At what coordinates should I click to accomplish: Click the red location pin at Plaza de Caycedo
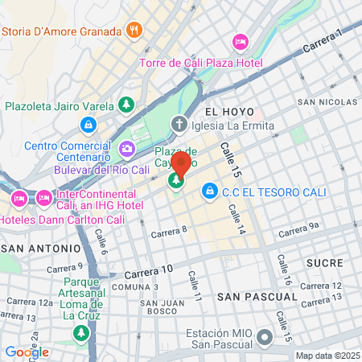[x=180, y=164]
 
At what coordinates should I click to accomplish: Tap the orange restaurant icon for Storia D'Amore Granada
[x=135, y=31]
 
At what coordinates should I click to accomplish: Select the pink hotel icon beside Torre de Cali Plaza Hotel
[x=240, y=41]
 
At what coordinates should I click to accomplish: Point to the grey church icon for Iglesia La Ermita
[x=179, y=125]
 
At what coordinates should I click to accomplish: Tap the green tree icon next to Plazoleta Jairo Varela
[x=125, y=105]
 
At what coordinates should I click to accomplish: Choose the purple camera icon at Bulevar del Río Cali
[x=126, y=149]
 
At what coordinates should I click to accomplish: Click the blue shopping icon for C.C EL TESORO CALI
[x=209, y=190]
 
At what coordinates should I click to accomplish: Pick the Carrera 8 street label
[x=169, y=232]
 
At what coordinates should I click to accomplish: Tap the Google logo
[x=27, y=352]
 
